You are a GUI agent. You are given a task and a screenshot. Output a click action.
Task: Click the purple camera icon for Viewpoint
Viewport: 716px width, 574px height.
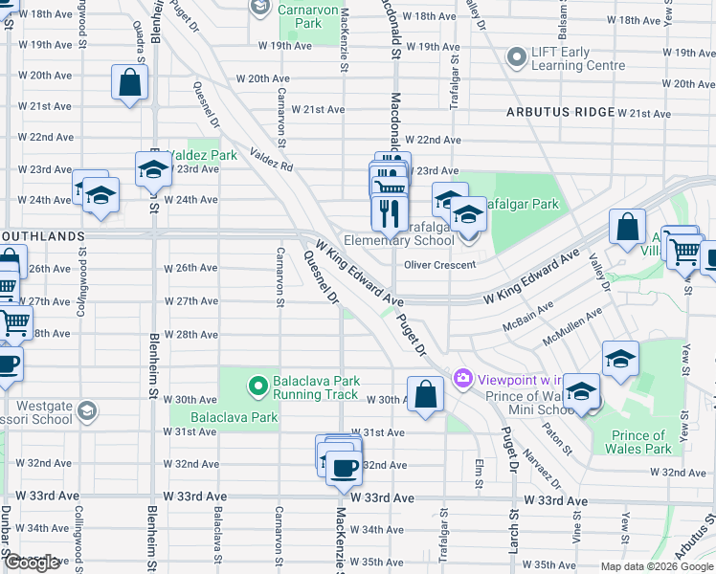point(463,378)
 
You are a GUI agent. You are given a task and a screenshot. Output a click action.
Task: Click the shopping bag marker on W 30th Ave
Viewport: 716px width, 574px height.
point(425,393)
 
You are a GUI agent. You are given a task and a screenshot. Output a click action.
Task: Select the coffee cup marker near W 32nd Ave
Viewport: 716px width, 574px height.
point(344,469)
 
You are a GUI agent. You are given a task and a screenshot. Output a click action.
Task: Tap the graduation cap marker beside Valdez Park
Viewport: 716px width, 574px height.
point(153,169)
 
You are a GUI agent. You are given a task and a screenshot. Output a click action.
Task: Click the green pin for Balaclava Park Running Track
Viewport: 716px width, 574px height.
point(257,386)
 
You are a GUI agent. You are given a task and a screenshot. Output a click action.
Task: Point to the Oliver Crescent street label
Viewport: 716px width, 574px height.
point(440,265)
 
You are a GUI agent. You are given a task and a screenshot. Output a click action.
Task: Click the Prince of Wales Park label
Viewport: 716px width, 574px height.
point(640,441)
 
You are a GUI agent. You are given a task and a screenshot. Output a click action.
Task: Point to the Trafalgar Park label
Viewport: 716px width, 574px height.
point(525,203)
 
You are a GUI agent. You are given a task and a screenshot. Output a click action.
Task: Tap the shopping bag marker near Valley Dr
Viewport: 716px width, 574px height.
point(627,229)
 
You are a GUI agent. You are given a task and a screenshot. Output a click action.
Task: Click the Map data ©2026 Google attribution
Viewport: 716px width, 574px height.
point(656,566)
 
